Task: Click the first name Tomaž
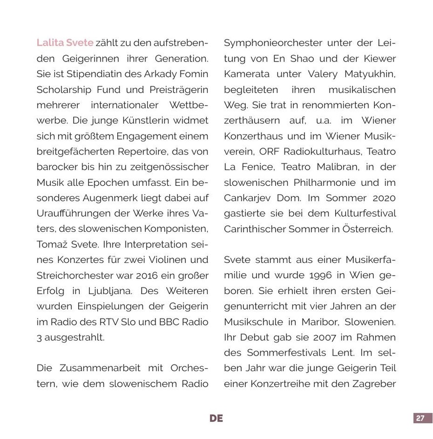pos(51,244)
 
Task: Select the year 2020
pos(383,198)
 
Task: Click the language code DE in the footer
pos(216,419)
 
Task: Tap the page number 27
pos(420,419)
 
